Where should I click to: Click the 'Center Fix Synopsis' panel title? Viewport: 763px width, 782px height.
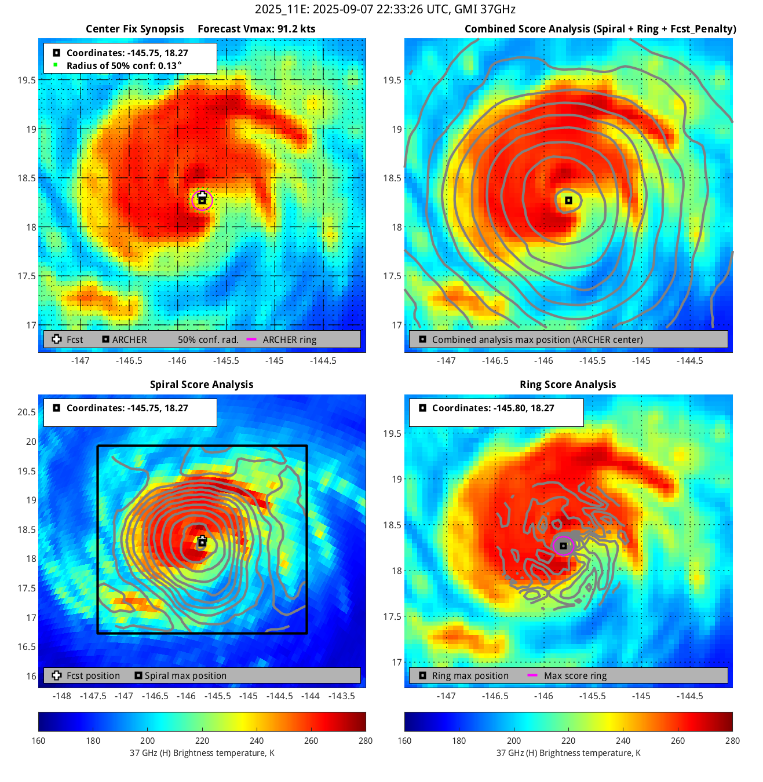tap(134, 29)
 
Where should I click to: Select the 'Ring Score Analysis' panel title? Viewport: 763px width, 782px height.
tap(568, 385)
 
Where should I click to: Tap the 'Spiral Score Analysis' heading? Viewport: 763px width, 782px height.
tap(202, 385)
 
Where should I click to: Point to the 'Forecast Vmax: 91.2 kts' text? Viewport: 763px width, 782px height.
tap(257, 29)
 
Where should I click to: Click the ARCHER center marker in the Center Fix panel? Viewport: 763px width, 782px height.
tap(202, 200)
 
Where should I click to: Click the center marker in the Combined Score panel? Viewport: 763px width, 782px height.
tap(569, 200)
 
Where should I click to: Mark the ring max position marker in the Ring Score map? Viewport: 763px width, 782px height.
tap(563, 546)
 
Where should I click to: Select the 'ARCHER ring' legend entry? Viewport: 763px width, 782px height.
tap(289, 340)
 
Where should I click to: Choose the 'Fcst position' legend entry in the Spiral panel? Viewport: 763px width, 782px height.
tap(93, 676)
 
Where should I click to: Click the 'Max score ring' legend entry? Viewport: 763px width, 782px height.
tap(575, 676)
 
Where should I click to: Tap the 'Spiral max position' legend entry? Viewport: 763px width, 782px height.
tap(185, 676)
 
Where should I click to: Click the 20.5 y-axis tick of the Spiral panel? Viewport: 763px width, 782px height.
tap(27, 412)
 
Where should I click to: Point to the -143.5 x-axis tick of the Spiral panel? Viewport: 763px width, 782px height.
tap(341, 696)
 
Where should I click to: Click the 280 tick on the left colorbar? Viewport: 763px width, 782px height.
tap(366, 741)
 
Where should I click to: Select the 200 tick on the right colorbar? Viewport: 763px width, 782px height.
tap(514, 741)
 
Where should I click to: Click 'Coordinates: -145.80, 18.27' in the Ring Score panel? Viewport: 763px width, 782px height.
tap(492, 408)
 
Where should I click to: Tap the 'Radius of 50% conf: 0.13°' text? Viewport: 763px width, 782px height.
tap(124, 66)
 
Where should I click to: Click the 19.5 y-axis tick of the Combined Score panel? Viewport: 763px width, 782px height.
tap(392, 81)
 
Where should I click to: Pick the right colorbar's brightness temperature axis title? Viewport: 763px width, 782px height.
tap(568, 753)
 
